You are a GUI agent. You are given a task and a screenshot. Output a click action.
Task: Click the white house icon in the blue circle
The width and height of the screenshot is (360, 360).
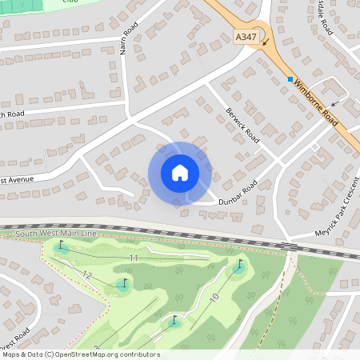180,173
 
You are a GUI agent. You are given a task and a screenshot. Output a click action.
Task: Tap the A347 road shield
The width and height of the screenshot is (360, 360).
246,38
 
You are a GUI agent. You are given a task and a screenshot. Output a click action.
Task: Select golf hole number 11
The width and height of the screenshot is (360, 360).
134,258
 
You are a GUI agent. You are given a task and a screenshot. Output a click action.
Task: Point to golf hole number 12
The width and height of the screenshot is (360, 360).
87,274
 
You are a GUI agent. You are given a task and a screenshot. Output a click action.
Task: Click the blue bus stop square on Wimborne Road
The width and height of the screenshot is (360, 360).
290,78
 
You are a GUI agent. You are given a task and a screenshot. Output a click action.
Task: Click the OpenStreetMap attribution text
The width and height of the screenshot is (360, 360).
80,354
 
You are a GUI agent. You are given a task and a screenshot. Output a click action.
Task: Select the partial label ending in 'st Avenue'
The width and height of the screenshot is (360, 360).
16,179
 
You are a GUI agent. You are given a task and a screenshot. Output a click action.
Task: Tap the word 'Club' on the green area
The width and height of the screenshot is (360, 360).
69,2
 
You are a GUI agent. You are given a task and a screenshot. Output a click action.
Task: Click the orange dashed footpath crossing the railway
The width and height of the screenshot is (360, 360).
282,288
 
